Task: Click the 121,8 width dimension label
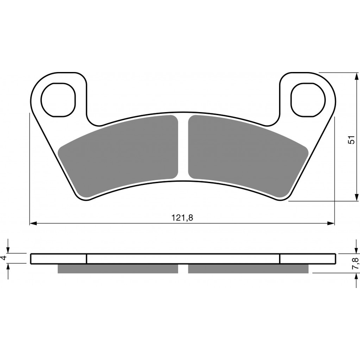pyautogui.click(x=182, y=217)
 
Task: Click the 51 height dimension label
pyautogui.click(x=351, y=139)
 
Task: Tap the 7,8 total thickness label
pyautogui.click(x=355, y=263)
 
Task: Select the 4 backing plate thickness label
pyautogui.click(x=4, y=258)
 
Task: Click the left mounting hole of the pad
pyautogui.click(x=58, y=100)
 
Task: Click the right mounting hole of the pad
pyautogui.click(x=308, y=100)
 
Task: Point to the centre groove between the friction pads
pyautogui.click(x=183, y=148)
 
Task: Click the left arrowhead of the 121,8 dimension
pyautogui.click(x=33, y=223)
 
